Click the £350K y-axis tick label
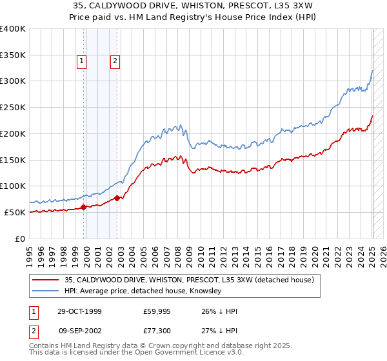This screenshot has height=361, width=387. click(13, 55)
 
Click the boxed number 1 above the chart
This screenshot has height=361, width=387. click(82, 62)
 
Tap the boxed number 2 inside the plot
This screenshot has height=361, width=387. click(115, 62)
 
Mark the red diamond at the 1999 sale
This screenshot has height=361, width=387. click(84, 208)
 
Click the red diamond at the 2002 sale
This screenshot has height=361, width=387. click(117, 199)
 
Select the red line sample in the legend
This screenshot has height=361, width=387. click(45, 280)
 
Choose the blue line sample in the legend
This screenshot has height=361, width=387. click(45, 291)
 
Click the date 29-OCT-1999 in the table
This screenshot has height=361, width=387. click(79, 311)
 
